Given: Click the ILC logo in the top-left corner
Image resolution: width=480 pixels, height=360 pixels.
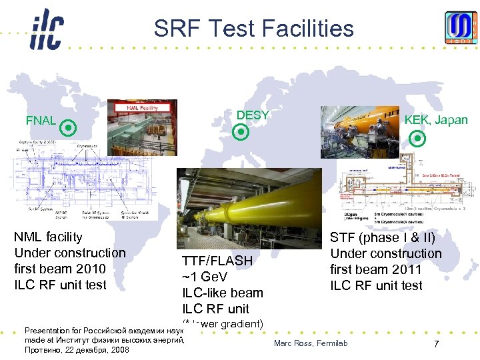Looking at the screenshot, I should point(46,30).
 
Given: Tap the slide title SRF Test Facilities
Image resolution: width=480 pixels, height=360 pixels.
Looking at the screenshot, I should point(253,29).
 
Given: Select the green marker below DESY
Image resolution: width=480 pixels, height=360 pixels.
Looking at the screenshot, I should point(242,132).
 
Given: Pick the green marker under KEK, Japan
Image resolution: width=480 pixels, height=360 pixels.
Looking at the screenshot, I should point(417,139).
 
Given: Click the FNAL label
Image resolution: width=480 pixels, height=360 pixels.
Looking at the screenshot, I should point(41,121).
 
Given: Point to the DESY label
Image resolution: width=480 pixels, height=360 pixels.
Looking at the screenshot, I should point(253,115).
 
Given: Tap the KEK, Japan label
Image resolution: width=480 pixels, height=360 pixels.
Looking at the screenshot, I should point(436,120).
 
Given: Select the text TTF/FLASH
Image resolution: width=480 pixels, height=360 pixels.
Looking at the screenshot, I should point(217,261).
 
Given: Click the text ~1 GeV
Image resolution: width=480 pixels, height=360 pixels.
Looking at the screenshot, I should point(205,277).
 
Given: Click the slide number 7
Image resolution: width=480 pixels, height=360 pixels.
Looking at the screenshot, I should point(435,344).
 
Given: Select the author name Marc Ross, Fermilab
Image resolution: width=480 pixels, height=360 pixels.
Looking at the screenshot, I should point(311,343).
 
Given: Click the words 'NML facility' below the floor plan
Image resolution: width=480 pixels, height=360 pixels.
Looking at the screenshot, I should point(48,237).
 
